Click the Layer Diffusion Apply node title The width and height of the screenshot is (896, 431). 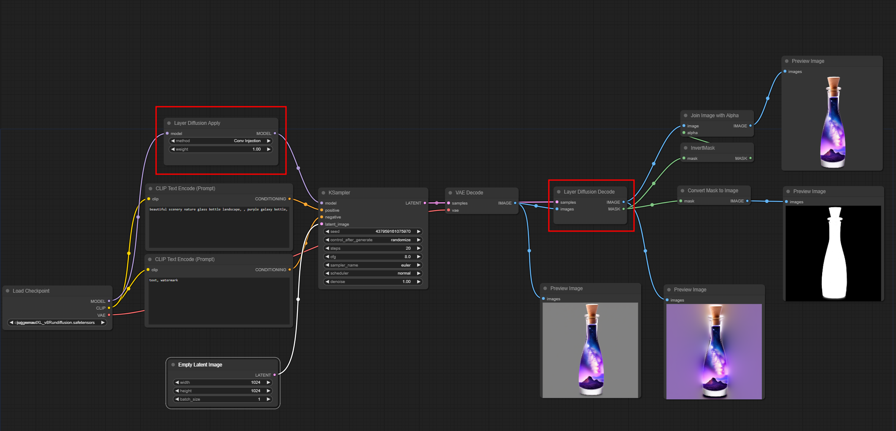point(197,123)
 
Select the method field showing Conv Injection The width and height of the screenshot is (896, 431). point(221,141)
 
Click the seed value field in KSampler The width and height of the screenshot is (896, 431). point(372,232)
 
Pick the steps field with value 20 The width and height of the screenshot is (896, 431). point(372,248)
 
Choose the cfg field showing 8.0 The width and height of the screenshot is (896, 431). point(372,257)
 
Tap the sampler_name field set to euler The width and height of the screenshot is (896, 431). point(372,265)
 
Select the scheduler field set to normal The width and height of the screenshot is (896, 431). point(372,273)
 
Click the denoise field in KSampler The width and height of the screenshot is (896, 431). point(372,282)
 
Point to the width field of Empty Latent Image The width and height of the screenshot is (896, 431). point(222,383)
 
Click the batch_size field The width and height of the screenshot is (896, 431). point(222,399)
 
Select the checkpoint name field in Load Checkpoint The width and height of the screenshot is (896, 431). point(57,323)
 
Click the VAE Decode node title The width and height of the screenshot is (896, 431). point(469,193)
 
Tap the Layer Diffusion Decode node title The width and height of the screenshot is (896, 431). point(589,192)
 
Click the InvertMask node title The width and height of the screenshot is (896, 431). point(702,148)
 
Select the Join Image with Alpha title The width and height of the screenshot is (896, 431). point(714,116)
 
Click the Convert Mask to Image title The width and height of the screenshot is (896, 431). point(712,191)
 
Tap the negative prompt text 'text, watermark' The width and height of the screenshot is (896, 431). point(164,280)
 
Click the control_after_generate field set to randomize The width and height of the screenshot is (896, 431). point(372,240)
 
